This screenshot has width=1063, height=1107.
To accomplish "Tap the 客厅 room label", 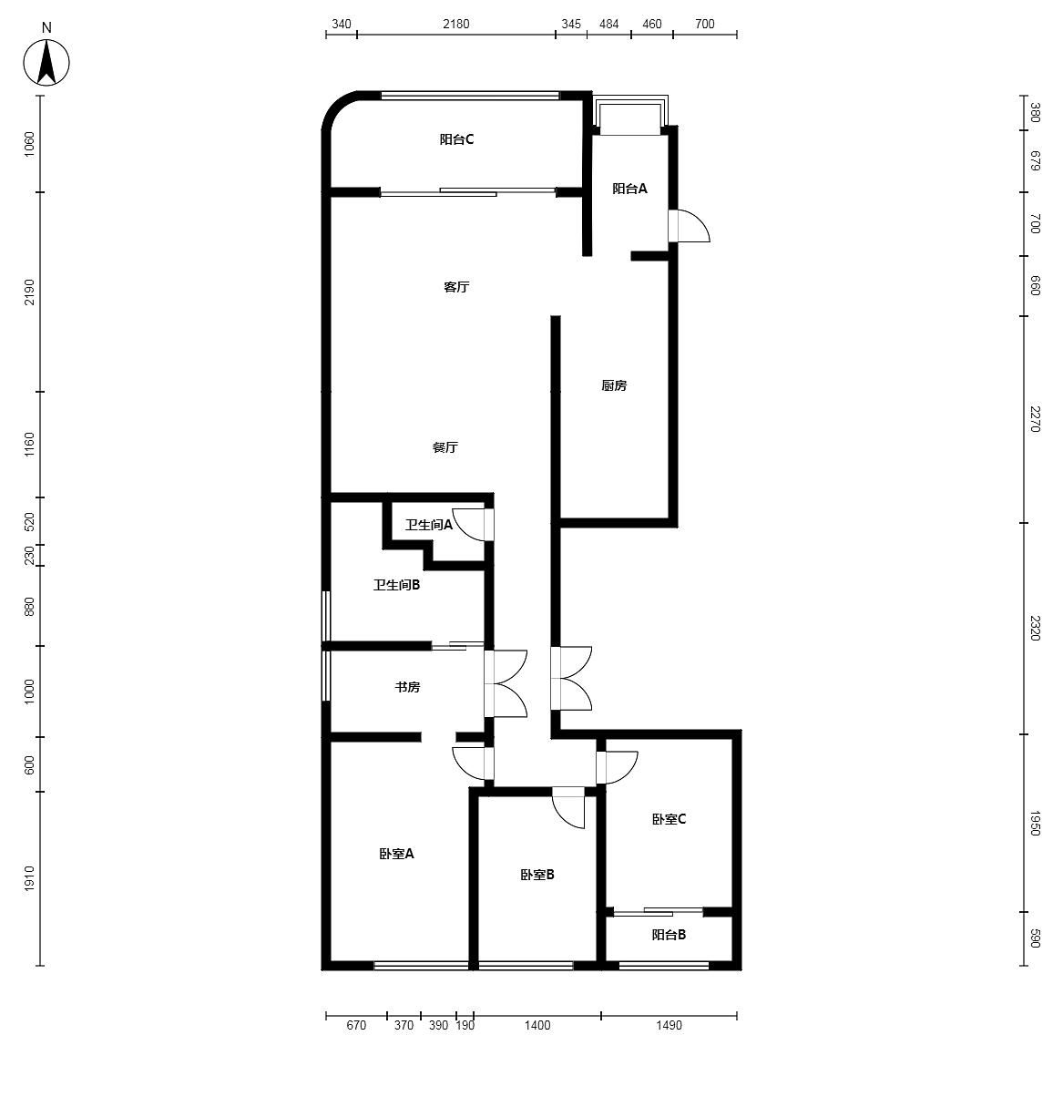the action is coord(456,287).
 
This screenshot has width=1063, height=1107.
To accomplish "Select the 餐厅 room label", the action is coord(445,447).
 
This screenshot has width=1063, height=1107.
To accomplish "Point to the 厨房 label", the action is coord(614,385).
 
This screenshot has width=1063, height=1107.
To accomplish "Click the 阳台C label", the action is coord(456,139).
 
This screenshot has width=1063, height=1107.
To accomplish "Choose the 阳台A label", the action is coord(629,189).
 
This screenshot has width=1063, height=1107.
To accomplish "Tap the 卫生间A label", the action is coord(429,525).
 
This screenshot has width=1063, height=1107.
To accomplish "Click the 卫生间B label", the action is coord(396,584).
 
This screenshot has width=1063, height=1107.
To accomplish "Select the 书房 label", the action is coord(408,687).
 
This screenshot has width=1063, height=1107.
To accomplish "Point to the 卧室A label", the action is coord(396,854).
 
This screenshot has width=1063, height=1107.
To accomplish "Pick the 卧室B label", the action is coord(537,875).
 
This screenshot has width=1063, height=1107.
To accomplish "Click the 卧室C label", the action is coord(669,818).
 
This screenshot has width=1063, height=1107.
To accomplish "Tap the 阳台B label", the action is coord(669,934).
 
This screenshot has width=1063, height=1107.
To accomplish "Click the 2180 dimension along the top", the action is coord(456,24).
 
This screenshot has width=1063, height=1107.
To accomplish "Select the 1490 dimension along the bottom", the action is coord(669,1025).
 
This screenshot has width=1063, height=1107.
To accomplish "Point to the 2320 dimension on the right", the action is coord(1035,628).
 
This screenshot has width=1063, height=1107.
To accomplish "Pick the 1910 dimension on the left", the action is coord(29,879).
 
